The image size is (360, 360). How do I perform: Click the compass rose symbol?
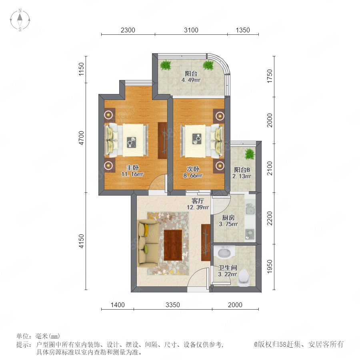[x=20, y=20]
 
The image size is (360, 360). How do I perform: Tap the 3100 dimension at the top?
[x=191, y=30]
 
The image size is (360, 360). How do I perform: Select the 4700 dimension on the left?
[x=82, y=138]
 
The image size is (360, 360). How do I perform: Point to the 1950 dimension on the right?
[x=270, y=266]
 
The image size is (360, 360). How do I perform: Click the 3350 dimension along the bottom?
[x=173, y=305]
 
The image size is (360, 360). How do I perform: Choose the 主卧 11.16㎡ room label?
[x=132, y=171]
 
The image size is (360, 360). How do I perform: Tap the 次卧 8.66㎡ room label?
[x=193, y=172]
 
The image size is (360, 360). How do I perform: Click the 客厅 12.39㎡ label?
[x=198, y=204]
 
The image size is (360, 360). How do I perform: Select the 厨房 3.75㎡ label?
[x=228, y=221]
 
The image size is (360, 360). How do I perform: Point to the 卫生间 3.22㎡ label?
[x=227, y=271]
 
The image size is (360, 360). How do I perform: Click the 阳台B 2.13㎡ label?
[x=242, y=173]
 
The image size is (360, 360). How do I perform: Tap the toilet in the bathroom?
[x=243, y=278]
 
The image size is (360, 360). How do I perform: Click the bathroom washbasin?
[x=224, y=252]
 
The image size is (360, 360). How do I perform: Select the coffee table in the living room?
[x=173, y=245]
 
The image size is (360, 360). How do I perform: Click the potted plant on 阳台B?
[x=250, y=154]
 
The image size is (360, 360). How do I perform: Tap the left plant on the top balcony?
[x=166, y=65]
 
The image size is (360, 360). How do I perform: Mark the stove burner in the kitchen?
[x=250, y=234]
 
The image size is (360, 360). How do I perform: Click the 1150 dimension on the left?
[x=82, y=69]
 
